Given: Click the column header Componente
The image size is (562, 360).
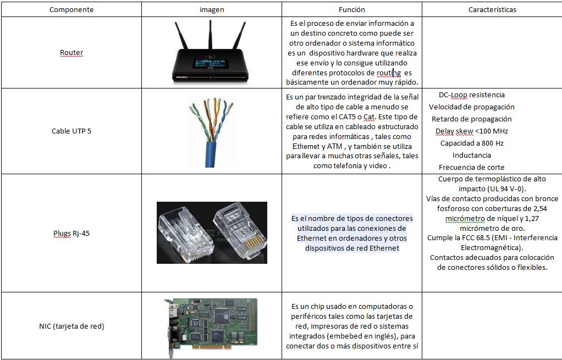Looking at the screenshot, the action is pos(71,9).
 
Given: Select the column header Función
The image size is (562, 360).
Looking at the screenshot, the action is pos(352,9).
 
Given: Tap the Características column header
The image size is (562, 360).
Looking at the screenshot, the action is pos(492,9).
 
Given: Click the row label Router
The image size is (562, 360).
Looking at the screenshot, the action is pos(71,53).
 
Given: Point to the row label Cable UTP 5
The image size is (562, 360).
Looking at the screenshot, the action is pos(71,131).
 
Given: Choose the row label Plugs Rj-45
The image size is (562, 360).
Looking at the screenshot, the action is pos(71,233).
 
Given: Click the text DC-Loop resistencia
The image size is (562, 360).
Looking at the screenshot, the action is pos(471,95).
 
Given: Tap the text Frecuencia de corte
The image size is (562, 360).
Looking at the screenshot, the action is pos(471,167).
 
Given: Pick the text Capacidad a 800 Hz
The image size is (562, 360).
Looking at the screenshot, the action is pos(471,143).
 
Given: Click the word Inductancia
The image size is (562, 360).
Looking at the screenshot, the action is pos(472,155).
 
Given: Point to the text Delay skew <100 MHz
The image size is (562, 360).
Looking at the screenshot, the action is pos(471,131).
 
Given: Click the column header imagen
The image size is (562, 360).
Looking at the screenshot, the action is pos(212,9).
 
